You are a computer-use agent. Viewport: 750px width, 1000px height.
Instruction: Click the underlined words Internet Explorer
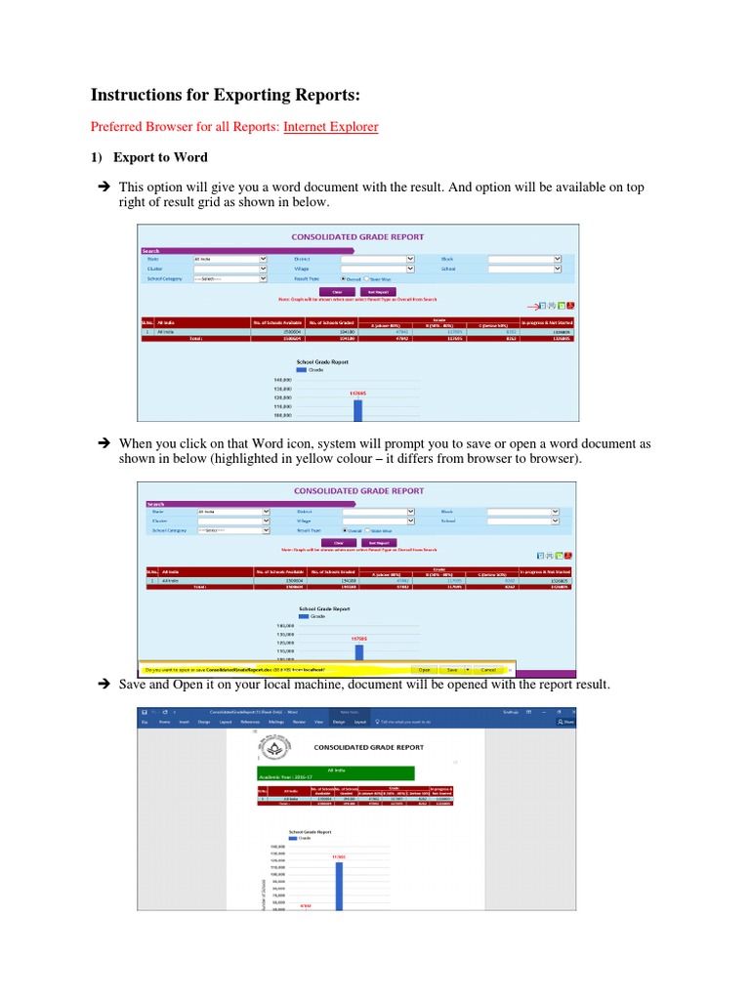tap(330, 126)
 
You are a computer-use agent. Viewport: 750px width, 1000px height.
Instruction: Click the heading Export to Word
tap(160, 156)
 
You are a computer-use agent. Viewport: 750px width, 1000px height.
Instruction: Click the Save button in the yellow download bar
tap(452, 670)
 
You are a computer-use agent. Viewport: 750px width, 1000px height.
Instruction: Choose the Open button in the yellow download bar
tap(424, 670)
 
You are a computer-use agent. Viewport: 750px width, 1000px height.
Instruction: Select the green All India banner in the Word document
tap(329, 772)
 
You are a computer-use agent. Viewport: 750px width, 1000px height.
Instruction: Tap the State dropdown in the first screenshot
tap(229, 258)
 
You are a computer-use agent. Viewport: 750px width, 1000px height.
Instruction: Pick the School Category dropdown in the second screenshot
tap(231, 530)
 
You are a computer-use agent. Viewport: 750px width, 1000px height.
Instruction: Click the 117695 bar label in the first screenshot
tap(357, 394)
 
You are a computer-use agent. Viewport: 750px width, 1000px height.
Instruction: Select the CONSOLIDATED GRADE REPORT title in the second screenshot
tap(358, 490)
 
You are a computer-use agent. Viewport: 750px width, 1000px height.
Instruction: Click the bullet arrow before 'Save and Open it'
tap(101, 686)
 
